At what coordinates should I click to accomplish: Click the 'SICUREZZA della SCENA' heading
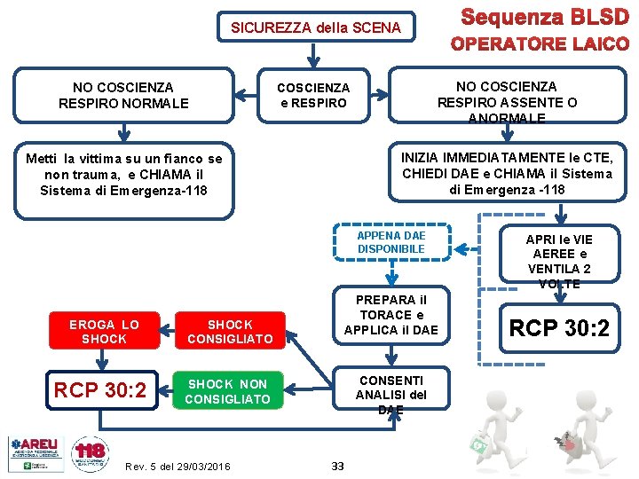click(x=315, y=27)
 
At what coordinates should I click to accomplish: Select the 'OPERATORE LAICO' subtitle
click(x=539, y=43)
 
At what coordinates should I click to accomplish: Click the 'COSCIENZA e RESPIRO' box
click(x=313, y=95)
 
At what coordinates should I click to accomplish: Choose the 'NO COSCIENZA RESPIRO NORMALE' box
click(x=123, y=95)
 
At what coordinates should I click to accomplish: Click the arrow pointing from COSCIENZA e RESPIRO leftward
click(x=246, y=95)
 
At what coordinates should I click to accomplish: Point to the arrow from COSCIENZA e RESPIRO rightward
click(x=381, y=95)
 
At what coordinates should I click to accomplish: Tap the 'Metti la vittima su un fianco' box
click(x=123, y=175)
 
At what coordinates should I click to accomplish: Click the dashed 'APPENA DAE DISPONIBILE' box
click(x=391, y=242)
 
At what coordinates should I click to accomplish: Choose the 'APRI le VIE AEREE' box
click(x=558, y=261)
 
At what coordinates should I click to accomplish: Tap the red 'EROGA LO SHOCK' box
click(x=104, y=331)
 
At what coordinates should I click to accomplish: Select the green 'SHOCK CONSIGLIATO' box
click(x=230, y=331)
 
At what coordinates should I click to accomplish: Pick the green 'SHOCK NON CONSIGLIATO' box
click(x=227, y=391)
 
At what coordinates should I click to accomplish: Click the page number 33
click(x=337, y=466)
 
